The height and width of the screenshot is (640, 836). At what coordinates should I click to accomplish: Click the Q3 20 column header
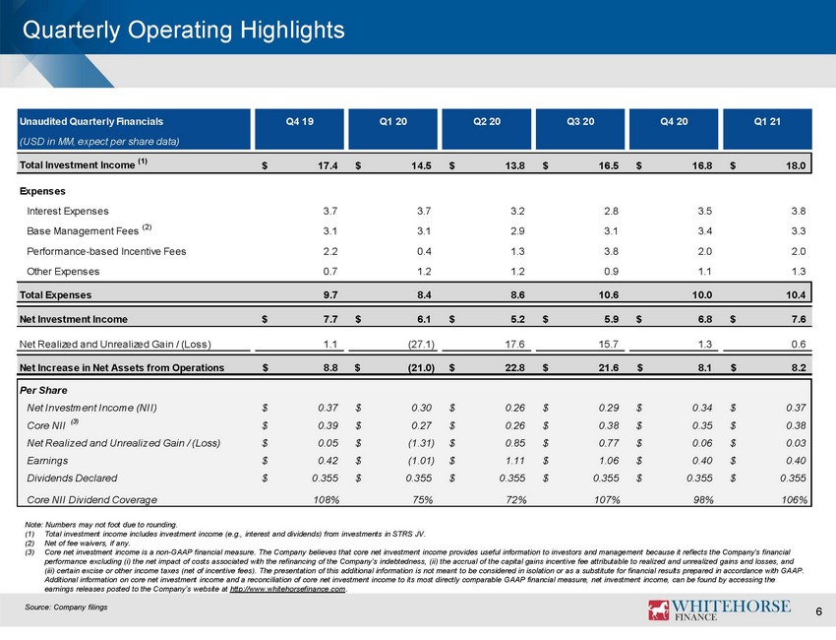point(580,122)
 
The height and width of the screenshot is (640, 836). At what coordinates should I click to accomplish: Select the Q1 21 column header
point(767,122)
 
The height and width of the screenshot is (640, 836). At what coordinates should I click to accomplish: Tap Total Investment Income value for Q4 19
point(328,165)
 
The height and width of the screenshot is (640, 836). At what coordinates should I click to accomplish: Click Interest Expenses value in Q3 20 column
point(611,211)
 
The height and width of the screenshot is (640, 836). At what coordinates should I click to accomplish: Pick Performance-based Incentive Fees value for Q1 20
point(424,251)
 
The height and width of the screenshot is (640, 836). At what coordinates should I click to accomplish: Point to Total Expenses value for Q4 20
point(701,295)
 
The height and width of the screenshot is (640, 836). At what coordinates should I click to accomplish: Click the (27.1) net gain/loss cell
point(421,345)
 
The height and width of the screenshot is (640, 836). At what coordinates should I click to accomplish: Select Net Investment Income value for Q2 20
point(517,319)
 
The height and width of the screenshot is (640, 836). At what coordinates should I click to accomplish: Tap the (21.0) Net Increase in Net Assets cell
point(421,368)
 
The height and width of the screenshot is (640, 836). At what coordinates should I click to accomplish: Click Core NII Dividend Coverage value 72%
point(515,499)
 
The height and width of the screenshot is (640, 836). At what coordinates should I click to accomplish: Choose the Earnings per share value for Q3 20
point(609,461)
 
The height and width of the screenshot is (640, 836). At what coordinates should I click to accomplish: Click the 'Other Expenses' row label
point(63,272)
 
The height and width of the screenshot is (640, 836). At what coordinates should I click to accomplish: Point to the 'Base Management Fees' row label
point(83,231)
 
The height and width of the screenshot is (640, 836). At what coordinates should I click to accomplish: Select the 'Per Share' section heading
point(43,390)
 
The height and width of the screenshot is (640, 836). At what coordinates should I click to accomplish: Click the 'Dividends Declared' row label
point(72,479)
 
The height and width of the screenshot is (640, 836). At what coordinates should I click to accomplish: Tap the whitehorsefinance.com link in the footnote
point(287,589)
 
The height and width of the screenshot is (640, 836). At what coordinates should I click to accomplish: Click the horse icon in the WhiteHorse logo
point(658,609)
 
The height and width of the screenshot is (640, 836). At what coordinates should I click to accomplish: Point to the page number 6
point(819,611)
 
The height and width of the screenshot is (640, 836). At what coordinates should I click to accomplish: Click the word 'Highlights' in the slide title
point(292,30)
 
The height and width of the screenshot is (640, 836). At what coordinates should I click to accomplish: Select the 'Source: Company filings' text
point(66,607)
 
